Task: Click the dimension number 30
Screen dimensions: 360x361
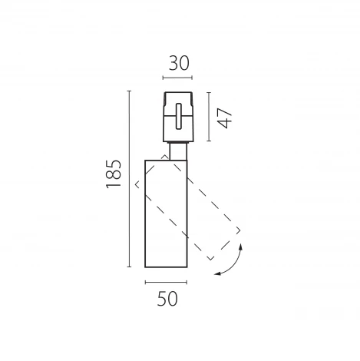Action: pyautogui.click(x=179, y=63)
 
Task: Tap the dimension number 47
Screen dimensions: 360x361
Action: pyautogui.click(x=225, y=118)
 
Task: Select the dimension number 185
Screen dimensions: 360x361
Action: pyautogui.click(x=114, y=174)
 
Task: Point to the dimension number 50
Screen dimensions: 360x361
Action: pyautogui.click(x=167, y=299)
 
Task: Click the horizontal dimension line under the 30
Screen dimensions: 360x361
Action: pyautogui.click(x=177, y=78)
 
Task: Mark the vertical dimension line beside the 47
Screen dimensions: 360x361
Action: pyautogui.click(x=209, y=117)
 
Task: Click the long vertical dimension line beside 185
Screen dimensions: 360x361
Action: pyautogui.click(x=129, y=179)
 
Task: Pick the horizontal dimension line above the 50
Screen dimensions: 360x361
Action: pyautogui.click(x=166, y=282)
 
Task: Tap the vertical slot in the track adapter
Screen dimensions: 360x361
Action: pyautogui.click(x=179, y=116)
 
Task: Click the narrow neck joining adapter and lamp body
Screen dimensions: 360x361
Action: pyautogui.click(x=178, y=151)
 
